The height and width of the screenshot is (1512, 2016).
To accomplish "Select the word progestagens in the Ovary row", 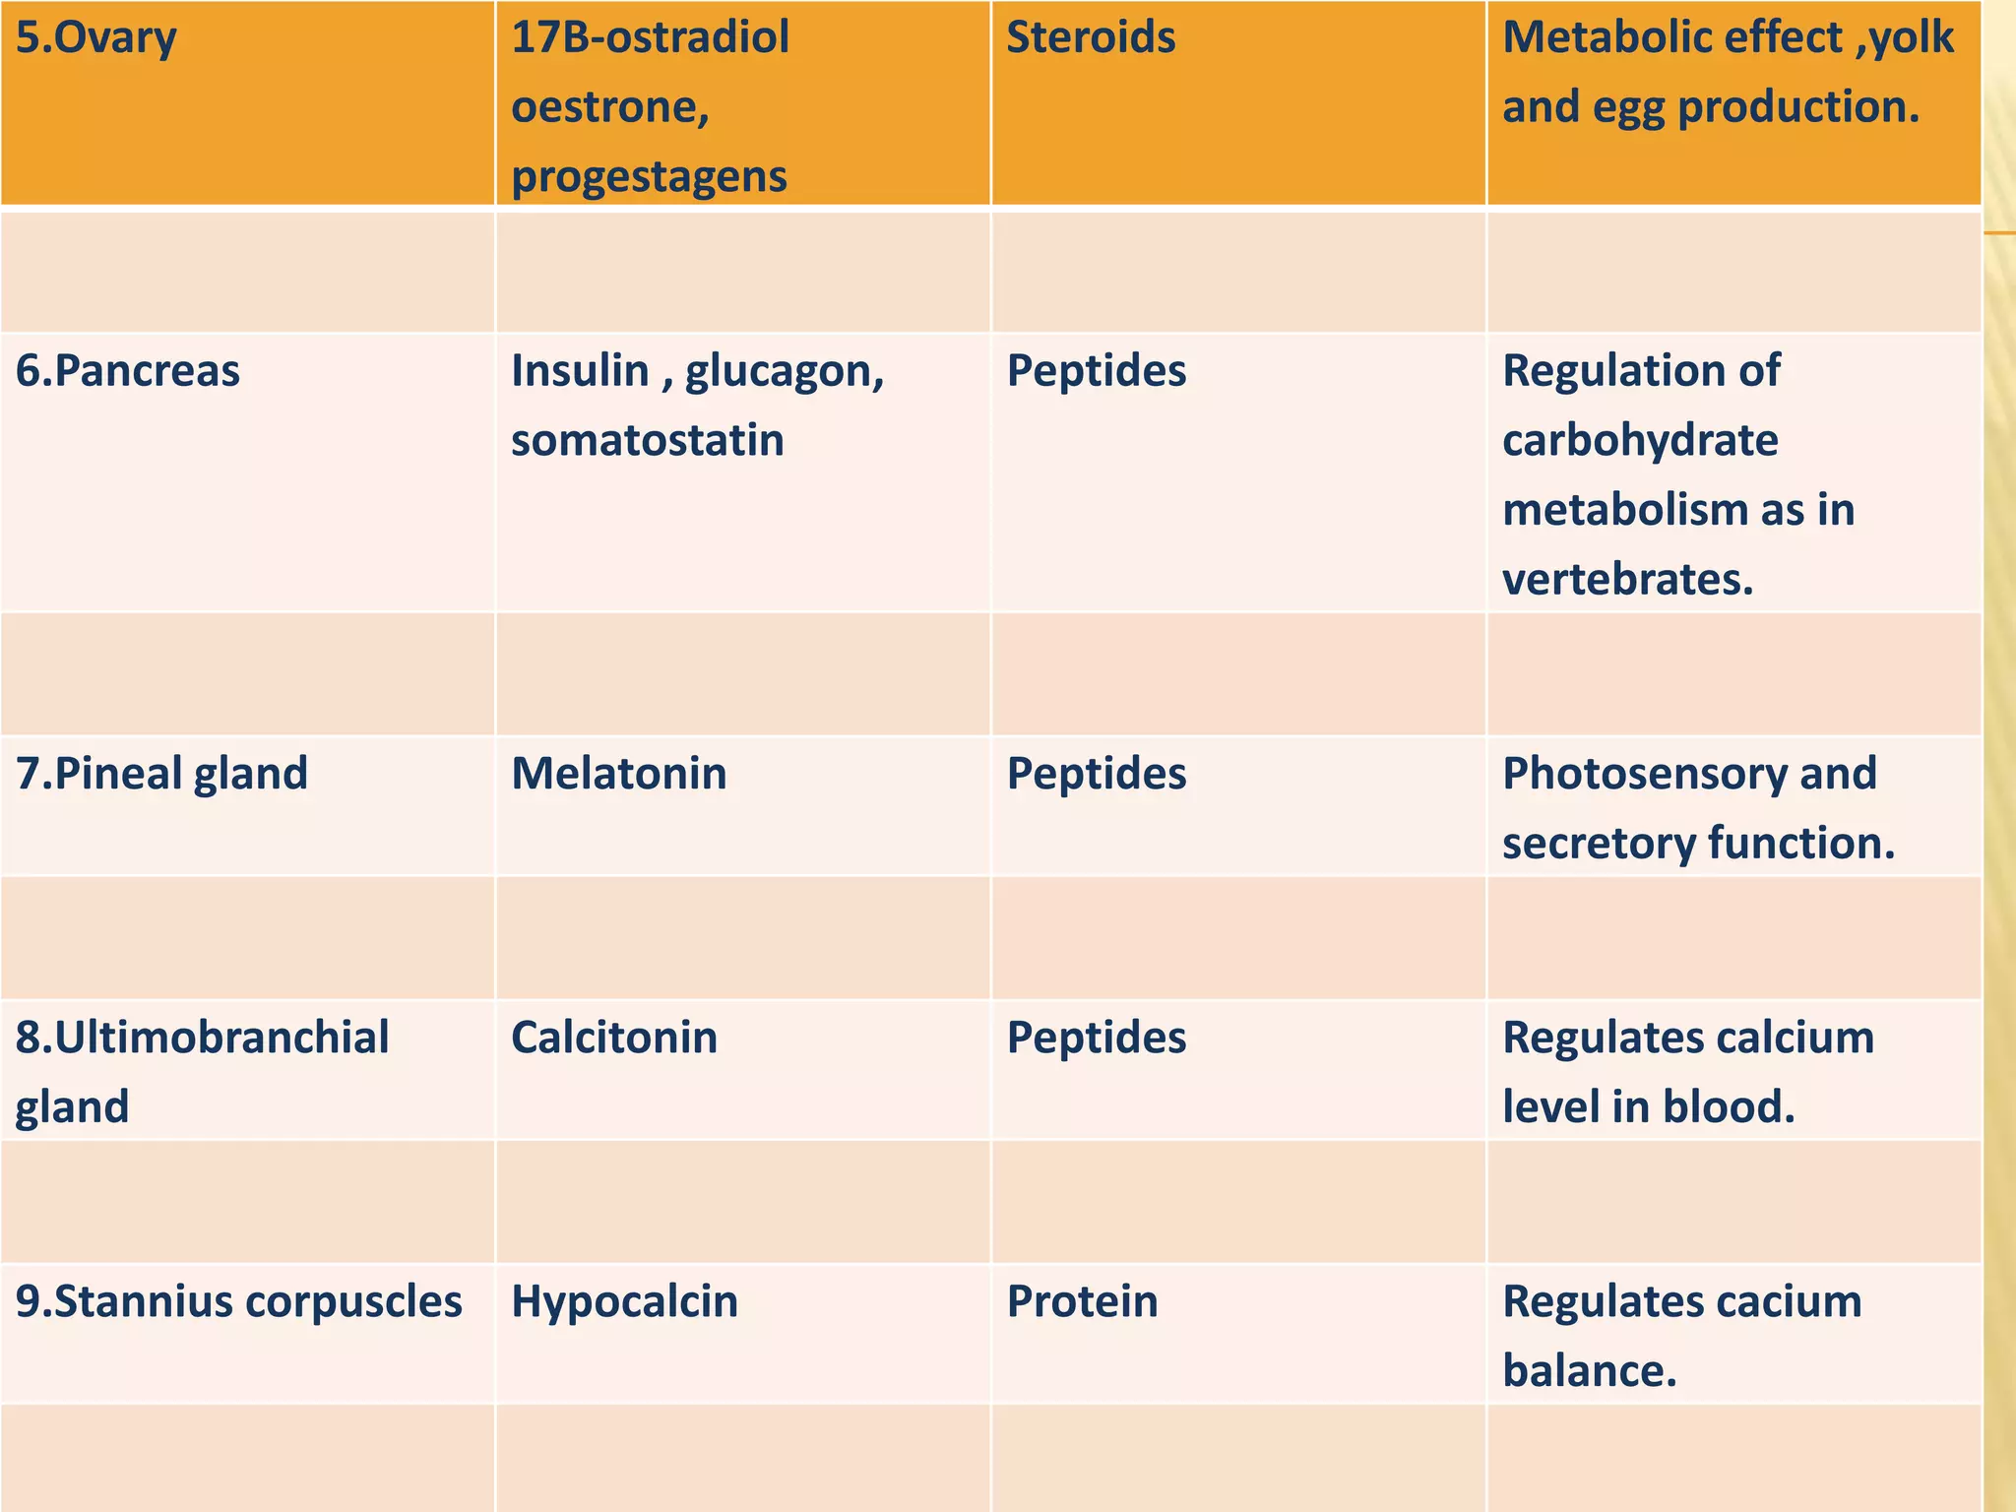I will point(649,177).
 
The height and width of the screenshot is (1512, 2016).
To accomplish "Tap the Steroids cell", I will point(1091,37).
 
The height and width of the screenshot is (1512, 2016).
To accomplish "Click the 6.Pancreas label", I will point(128,371).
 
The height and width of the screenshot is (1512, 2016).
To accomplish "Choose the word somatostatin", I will point(647,440).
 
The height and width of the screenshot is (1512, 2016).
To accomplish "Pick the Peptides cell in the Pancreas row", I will point(1097,371).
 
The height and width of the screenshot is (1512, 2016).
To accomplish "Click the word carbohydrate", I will point(1640,441).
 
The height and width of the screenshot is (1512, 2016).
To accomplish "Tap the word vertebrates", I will point(1627,580).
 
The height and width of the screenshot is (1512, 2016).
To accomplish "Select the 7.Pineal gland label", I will point(161,774).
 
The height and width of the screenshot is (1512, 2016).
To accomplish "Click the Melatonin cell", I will point(618,774).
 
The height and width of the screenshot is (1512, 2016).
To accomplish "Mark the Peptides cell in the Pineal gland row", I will point(1097,774).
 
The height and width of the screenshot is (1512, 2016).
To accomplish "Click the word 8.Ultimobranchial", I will point(203,1038).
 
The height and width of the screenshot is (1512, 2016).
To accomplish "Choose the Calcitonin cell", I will point(614,1038).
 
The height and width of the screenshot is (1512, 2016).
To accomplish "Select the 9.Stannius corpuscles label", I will point(239,1301).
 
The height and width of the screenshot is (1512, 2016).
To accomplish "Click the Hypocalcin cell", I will point(624,1301).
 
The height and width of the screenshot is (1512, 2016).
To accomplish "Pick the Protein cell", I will point(1082,1301).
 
